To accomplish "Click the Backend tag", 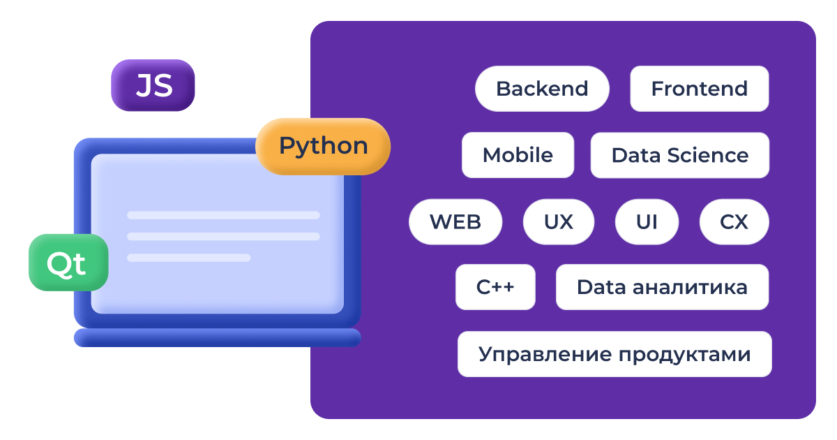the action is click(x=542, y=89).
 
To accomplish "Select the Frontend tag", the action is click(x=699, y=89).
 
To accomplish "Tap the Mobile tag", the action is click(x=518, y=155).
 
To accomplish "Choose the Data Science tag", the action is click(x=679, y=155).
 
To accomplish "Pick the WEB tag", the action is click(x=455, y=222).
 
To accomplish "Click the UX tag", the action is click(x=558, y=222).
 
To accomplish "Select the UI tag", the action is click(x=647, y=222).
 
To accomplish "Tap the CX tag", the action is click(x=734, y=222).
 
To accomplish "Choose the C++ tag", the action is click(x=495, y=287).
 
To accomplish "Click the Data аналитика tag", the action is click(x=662, y=287).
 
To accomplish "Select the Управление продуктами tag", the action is click(x=614, y=354).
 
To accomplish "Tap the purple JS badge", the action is click(x=153, y=86).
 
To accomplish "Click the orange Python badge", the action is click(x=323, y=146).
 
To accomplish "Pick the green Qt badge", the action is click(x=68, y=263).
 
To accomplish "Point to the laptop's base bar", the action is click(x=217, y=338).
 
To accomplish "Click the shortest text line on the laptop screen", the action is click(x=188, y=258).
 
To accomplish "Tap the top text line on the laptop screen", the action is click(x=223, y=215).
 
